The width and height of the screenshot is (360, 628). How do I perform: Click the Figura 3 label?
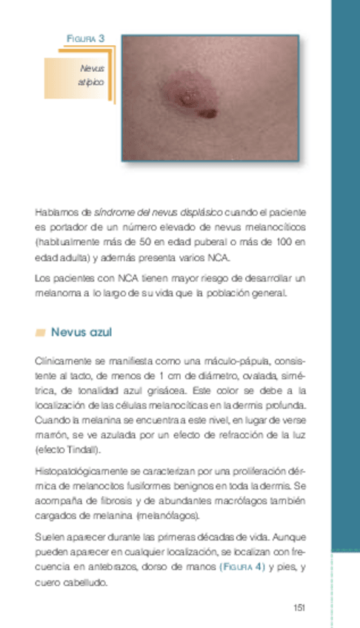[x=85, y=38]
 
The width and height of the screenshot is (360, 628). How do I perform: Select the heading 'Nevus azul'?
[x=81, y=332]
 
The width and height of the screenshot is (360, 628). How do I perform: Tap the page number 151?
[x=299, y=607]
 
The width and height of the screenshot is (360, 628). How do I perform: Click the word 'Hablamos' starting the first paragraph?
[x=52, y=213]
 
